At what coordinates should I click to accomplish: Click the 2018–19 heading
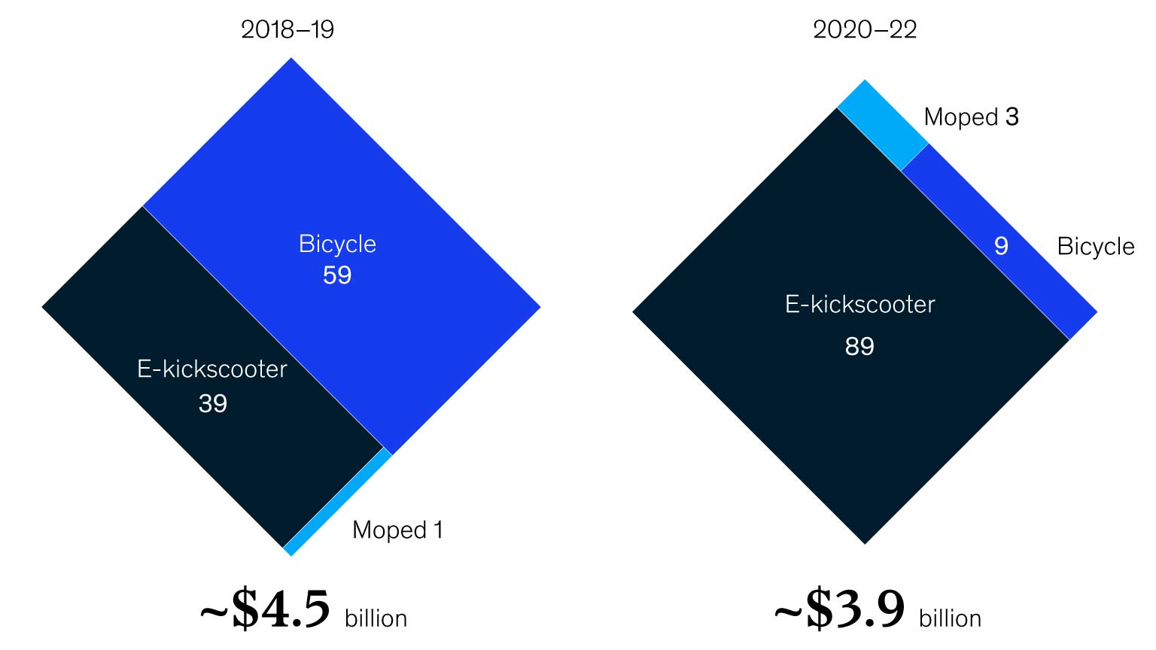[287, 29]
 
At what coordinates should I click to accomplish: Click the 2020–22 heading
[865, 29]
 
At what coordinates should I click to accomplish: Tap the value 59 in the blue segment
[337, 275]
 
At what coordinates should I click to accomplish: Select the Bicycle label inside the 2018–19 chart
[337, 244]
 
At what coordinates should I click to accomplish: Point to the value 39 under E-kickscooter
[213, 404]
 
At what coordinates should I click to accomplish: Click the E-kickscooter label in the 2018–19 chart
[212, 369]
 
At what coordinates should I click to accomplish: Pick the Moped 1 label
[397, 530]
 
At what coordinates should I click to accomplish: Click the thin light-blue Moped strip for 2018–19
[339, 502]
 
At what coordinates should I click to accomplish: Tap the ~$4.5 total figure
[266, 609]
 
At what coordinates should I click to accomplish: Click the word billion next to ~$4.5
[376, 618]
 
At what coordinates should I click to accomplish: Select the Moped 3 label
[971, 117]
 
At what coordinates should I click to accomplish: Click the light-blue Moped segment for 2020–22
[882, 125]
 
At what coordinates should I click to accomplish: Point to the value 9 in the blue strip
[1001, 246]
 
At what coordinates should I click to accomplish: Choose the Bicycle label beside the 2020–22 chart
[1095, 247]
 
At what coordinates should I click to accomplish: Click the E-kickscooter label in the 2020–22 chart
[859, 305]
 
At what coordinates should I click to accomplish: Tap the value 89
[859, 346]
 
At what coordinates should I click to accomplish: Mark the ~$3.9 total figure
[840, 609]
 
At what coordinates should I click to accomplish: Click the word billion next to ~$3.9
[950, 618]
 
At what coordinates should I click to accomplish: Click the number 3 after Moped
[1012, 117]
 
